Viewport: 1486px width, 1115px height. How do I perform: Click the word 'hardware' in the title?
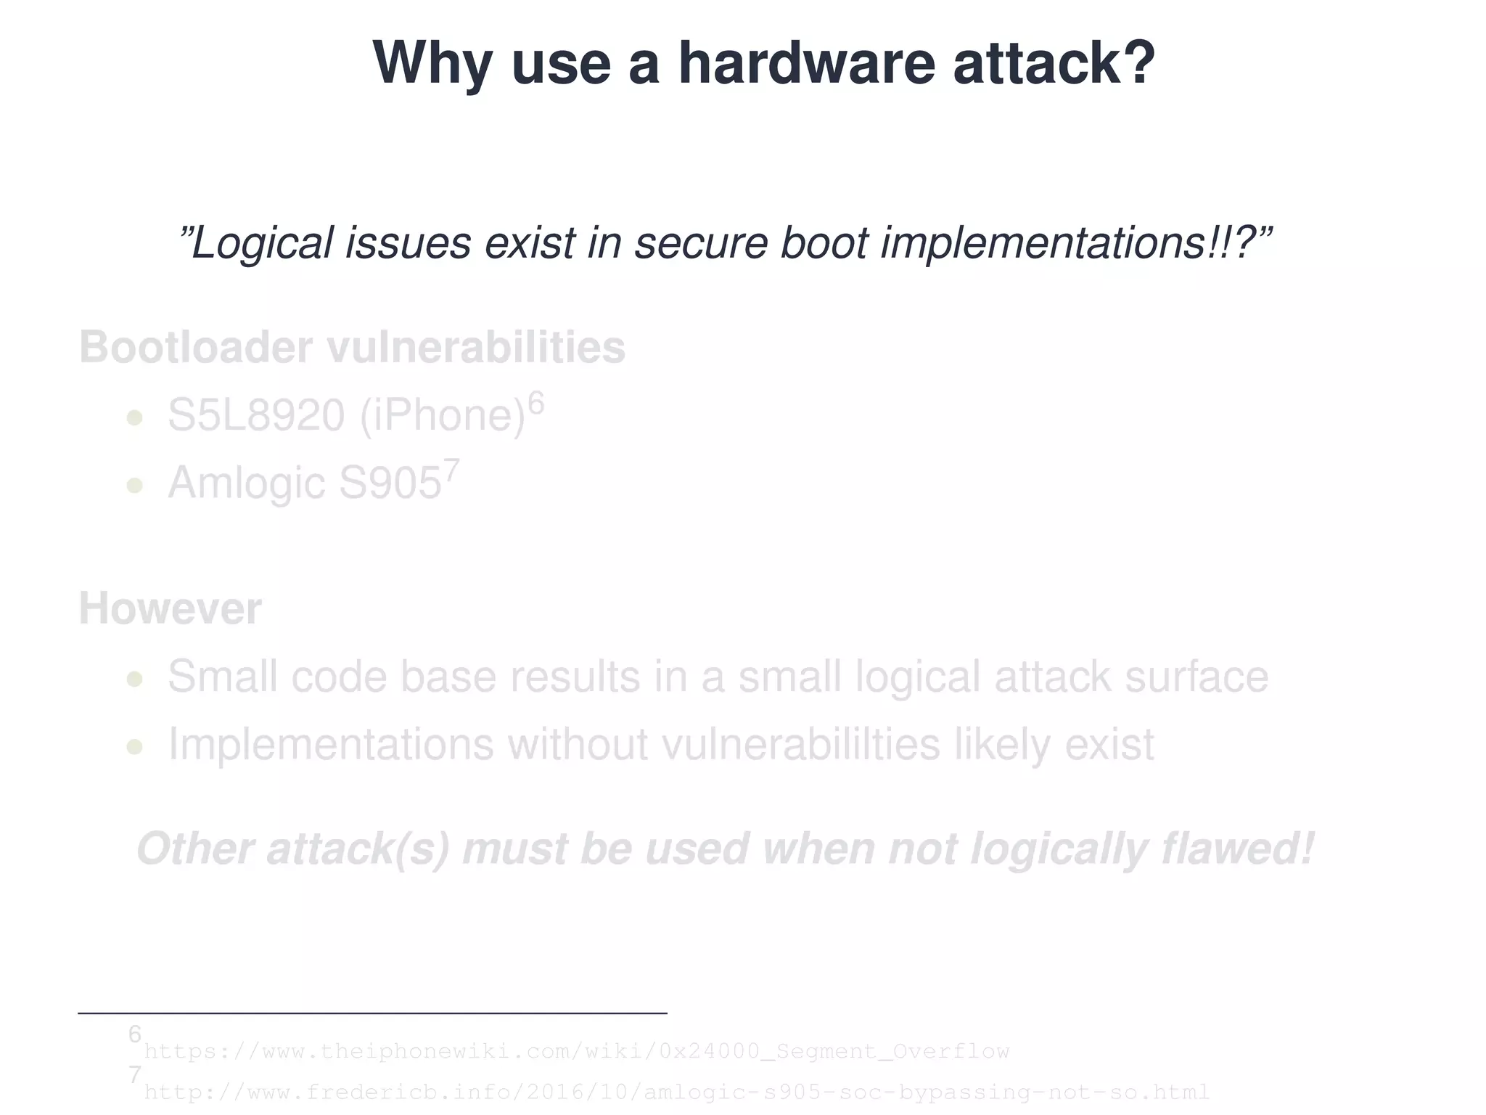tap(806, 63)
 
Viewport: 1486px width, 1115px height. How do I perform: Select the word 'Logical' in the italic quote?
tap(262, 242)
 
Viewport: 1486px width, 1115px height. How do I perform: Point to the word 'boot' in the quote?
tap(824, 242)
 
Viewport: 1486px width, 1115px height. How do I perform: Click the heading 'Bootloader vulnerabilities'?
tap(352, 347)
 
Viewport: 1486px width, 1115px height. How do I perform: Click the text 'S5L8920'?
tap(256, 416)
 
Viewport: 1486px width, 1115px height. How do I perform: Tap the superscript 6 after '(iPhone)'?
tap(535, 402)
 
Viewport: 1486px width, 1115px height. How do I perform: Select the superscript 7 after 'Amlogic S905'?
tap(451, 470)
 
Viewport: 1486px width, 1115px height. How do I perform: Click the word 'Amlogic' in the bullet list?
tap(246, 483)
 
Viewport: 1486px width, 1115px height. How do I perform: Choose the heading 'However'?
tap(170, 608)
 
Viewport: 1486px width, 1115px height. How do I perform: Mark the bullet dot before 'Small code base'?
tap(134, 679)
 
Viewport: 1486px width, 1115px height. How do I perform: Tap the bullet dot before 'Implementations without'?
tap(134, 746)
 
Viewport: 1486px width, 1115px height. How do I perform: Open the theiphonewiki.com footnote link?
tap(577, 1050)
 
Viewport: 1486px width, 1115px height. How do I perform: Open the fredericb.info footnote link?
tap(676, 1092)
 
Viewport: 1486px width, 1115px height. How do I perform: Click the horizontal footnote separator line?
tap(372, 1013)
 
